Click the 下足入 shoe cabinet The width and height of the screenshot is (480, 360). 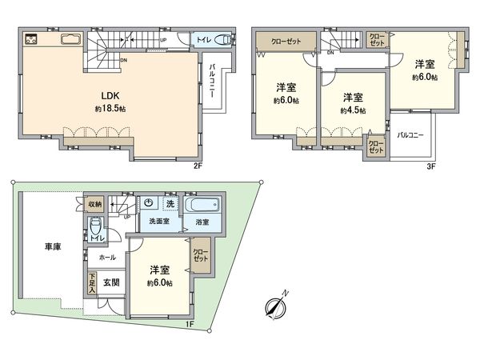click(x=91, y=284)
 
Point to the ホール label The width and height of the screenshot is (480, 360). click(x=107, y=258)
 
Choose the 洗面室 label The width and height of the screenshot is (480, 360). click(x=158, y=221)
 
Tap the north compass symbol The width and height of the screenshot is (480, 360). click(x=276, y=308)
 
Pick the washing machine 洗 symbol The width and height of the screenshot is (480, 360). click(x=170, y=205)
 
